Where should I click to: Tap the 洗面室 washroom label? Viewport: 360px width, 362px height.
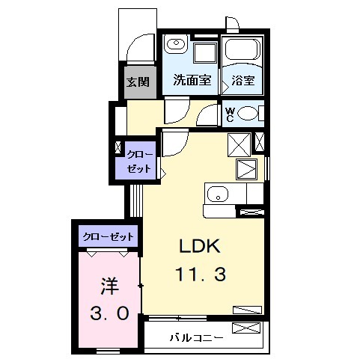[192, 79]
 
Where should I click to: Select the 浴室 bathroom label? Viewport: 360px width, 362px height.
[243, 79]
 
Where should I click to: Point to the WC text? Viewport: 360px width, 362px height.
[231, 115]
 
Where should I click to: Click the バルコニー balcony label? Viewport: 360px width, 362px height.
[196, 337]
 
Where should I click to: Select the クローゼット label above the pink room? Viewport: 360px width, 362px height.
[109, 237]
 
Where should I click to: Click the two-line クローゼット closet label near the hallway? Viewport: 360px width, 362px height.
[140, 161]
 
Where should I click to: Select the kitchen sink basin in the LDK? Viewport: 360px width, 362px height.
[217, 194]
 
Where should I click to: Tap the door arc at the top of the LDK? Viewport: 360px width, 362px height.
[171, 142]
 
